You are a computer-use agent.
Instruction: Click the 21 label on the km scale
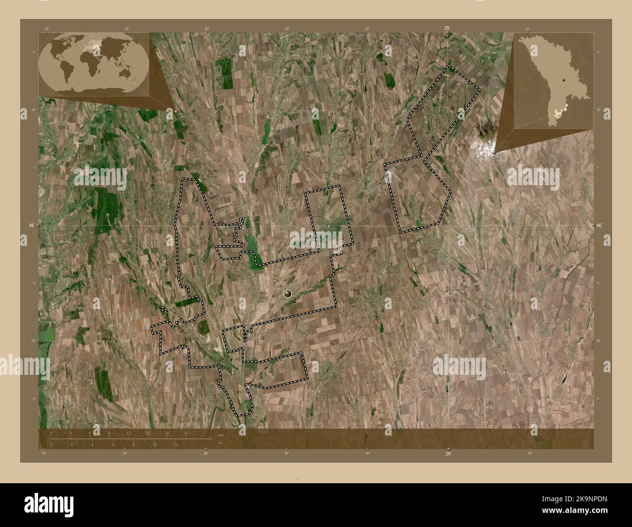186,433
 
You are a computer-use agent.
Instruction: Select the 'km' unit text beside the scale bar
221,435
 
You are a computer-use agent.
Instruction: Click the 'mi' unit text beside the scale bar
221,443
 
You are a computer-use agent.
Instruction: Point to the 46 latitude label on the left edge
32,226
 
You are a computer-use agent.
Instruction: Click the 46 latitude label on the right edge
599,226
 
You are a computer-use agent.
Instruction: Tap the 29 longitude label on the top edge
447,28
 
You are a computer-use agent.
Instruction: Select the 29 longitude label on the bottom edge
448,453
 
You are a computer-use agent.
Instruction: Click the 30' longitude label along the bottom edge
206,453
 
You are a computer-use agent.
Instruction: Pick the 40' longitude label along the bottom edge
287,453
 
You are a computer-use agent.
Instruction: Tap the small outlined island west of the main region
164,309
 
